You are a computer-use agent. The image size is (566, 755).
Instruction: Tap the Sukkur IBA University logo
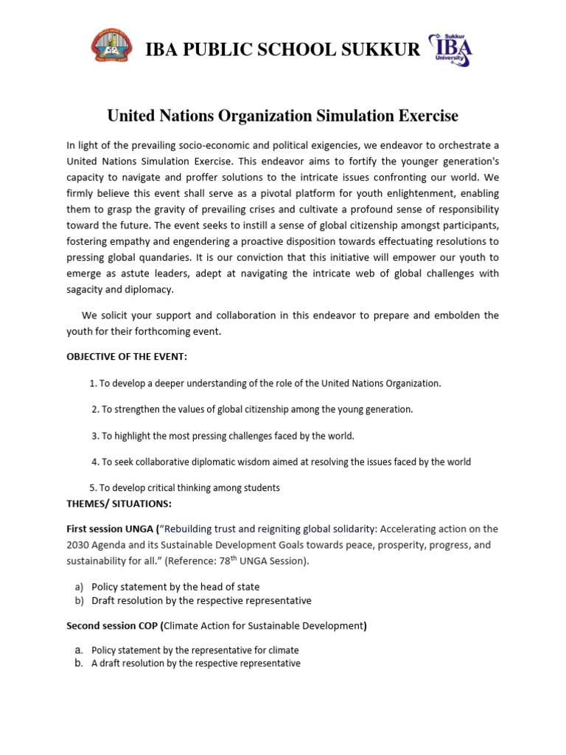coord(450,49)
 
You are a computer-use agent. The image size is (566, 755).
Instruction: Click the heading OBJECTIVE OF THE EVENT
coord(127,357)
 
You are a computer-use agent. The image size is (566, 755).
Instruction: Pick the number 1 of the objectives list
coord(92,383)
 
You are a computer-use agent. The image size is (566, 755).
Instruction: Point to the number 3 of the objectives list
coord(95,436)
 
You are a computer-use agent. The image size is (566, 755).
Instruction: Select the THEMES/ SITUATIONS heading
coord(119,503)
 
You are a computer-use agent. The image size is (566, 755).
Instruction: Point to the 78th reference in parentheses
coord(244,560)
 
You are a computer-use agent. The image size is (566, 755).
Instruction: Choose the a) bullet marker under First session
coord(79,587)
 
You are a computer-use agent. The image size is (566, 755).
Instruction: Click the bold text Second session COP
coord(113,626)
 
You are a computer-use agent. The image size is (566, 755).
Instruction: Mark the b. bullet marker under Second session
coord(79,663)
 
